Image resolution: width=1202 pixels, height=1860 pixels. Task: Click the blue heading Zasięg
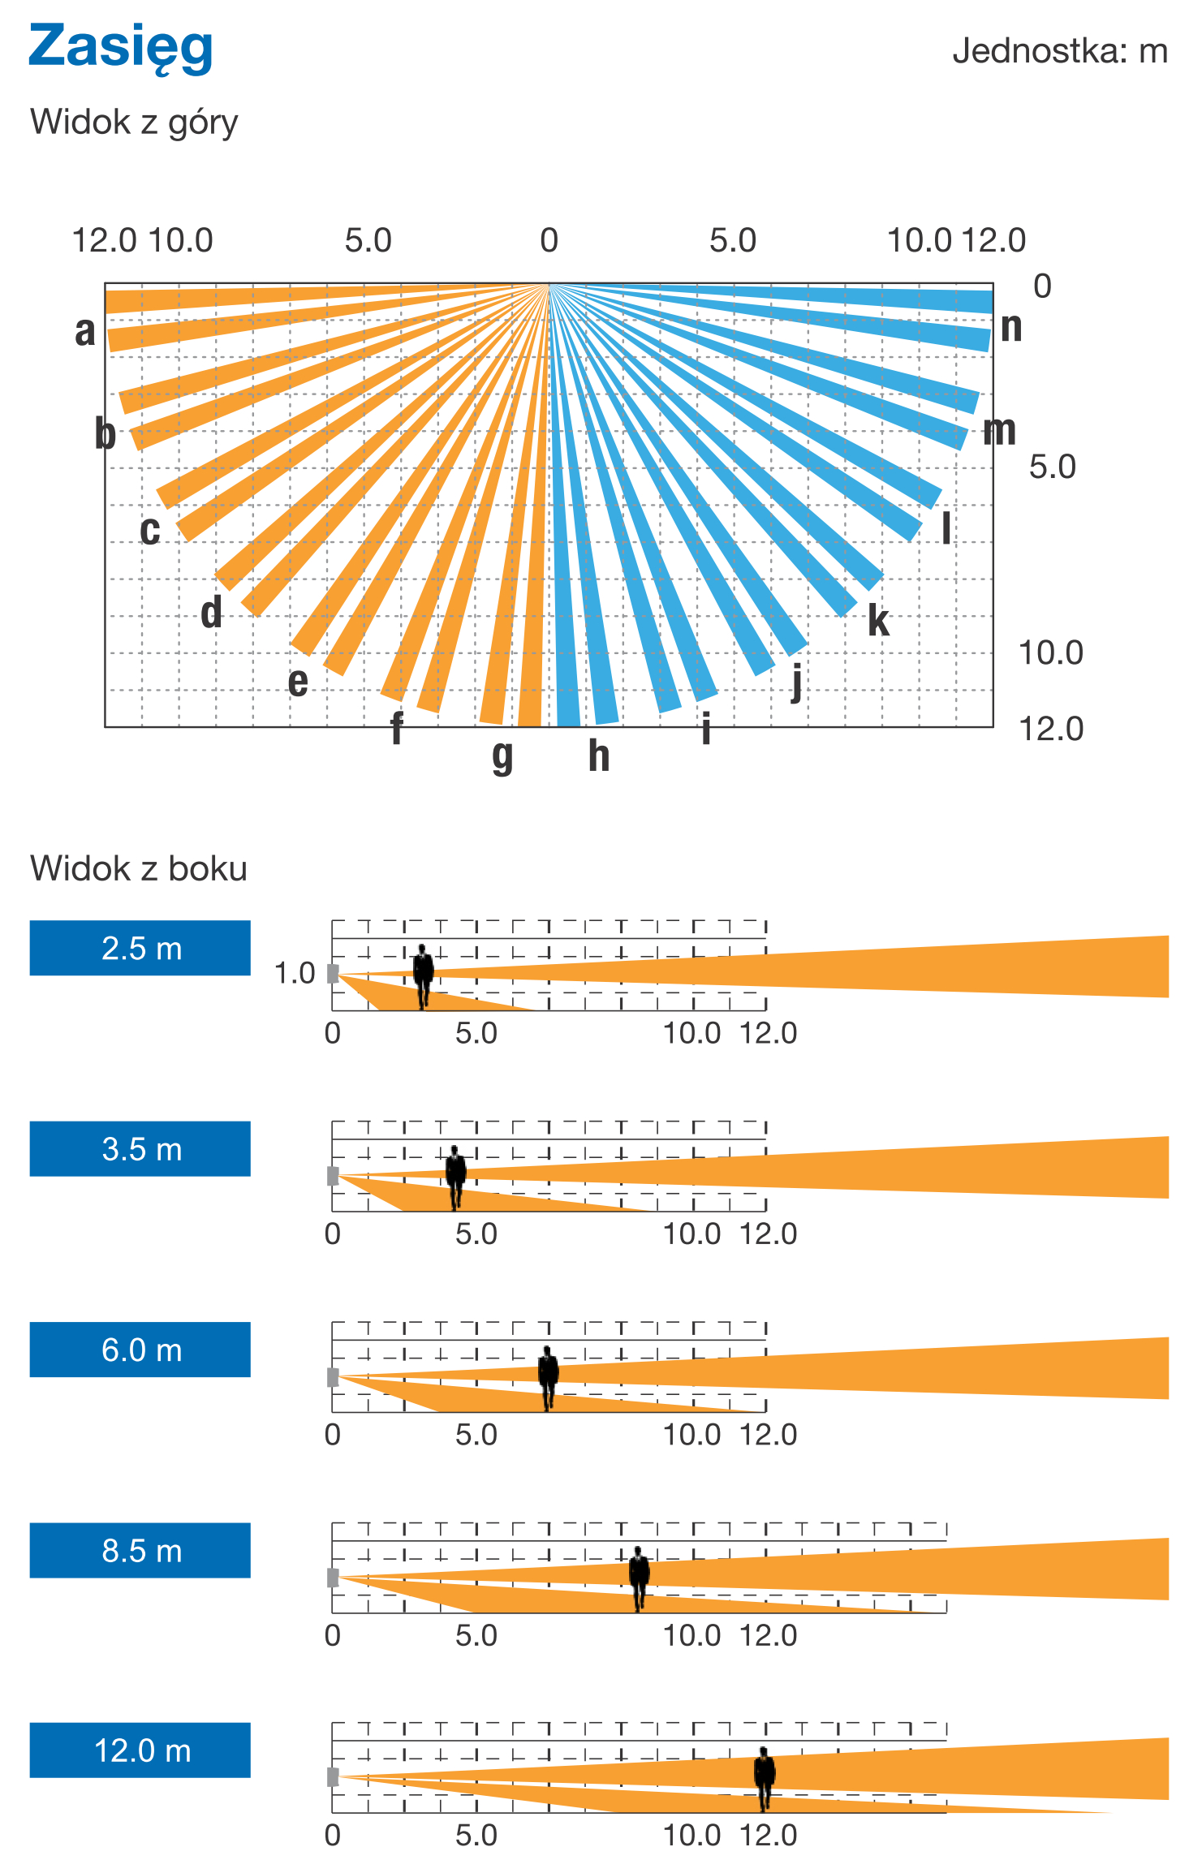click(x=120, y=47)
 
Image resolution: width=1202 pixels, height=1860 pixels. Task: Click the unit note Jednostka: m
click(x=1059, y=51)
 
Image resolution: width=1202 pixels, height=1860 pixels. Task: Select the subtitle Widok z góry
click(x=134, y=123)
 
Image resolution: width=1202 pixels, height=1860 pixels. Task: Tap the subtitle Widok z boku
click(x=138, y=868)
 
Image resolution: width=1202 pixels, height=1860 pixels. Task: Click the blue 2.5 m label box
click(x=140, y=948)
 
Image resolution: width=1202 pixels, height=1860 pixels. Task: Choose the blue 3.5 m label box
click(x=140, y=1148)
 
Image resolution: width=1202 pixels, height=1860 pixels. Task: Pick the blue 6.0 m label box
click(x=140, y=1350)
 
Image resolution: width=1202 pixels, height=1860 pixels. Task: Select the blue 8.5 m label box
click(x=140, y=1550)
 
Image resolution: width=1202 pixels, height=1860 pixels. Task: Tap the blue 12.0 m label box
click(x=140, y=1750)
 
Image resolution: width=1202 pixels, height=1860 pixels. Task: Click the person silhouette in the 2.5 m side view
click(x=423, y=975)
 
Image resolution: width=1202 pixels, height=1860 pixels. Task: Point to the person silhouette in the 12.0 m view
click(x=764, y=1777)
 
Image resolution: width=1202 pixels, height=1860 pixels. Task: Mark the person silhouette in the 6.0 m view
click(x=549, y=1376)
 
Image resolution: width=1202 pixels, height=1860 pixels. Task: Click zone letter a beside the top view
click(x=84, y=331)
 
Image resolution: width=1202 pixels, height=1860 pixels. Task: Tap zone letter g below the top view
click(x=502, y=756)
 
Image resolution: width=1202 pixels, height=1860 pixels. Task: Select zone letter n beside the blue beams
click(x=1010, y=326)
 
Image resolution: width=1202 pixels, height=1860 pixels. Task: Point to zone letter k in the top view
click(x=878, y=621)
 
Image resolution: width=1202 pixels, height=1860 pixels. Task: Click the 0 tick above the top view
click(x=549, y=240)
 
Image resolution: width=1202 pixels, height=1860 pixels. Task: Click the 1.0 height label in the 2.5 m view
click(x=294, y=972)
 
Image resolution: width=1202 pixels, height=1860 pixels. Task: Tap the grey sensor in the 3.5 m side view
click(x=333, y=1175)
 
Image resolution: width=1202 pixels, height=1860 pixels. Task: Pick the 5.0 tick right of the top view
click(x=1052, y=467)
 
